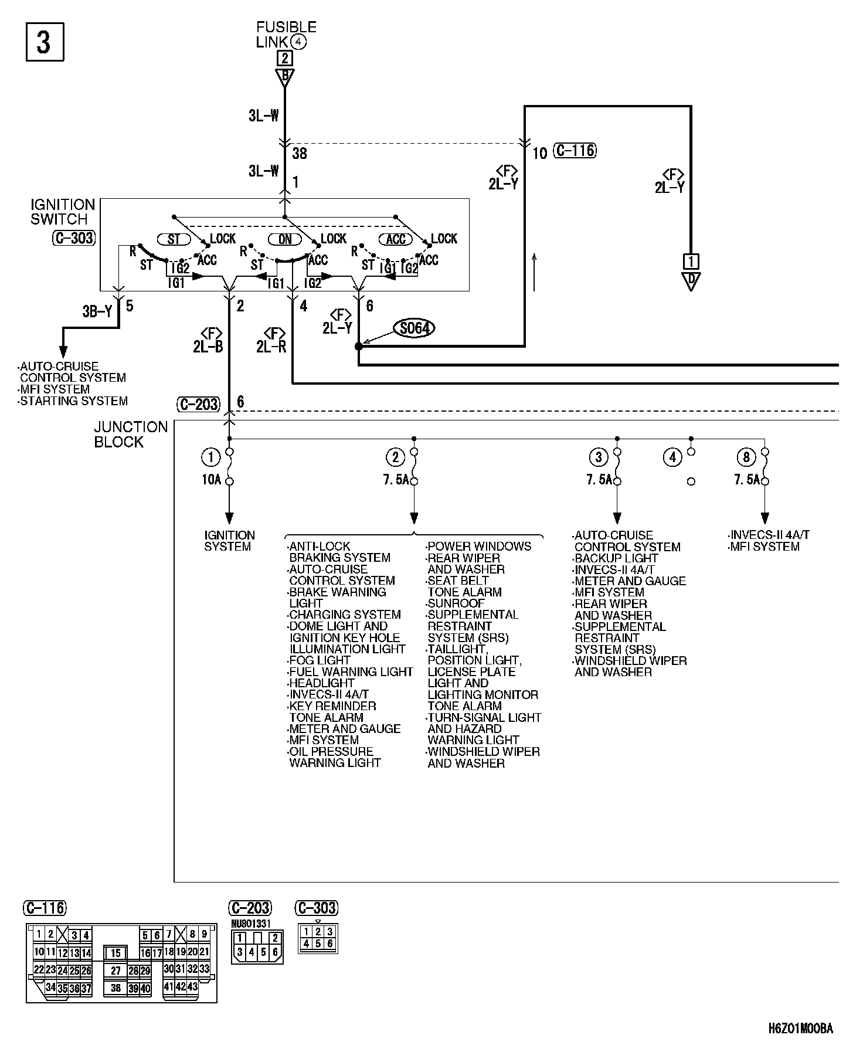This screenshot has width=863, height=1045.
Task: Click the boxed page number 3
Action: (45, 42)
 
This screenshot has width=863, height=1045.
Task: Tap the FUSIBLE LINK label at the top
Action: (286, 35)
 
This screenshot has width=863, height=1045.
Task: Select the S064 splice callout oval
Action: (414, 328)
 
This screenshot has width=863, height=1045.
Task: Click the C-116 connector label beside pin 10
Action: (575, 151)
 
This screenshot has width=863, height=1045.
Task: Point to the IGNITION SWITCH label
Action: (63, 212)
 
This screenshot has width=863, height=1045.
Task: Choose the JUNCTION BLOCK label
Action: (131, 435)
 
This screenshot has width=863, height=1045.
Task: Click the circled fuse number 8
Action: (746, 457)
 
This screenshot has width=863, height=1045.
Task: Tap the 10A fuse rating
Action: (211, 480)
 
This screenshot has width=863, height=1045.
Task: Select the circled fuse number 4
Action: (672, 457)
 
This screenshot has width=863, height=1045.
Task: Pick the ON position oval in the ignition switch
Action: (285, 239)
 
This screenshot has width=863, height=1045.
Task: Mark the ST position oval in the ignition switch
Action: (174, 239)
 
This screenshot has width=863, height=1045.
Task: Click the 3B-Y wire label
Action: (97, 311)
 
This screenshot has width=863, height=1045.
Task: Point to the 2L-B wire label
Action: (208, 347)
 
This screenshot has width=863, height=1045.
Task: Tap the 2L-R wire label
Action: (271, 347)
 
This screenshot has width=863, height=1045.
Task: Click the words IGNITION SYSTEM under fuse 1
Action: (229, 541)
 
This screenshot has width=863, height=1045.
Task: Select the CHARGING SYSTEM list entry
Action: (345, 615)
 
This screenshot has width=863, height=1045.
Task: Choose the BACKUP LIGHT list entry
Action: (616, 558)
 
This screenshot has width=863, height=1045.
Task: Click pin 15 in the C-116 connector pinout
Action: (116, 954)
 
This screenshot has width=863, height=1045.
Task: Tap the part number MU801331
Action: (250, 924)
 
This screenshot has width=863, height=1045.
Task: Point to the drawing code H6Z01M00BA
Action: (801, 1029)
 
